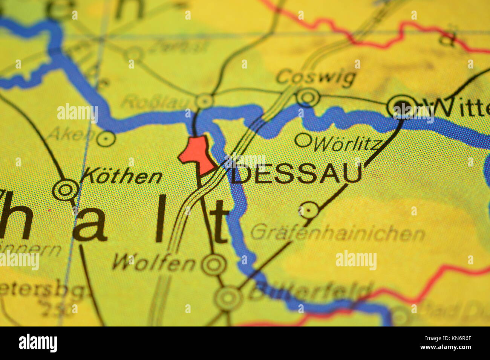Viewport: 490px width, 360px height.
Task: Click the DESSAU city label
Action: (x=296, y=174)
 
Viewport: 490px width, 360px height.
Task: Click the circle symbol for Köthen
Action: (x=66, y=190)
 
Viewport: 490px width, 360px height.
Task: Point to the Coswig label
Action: (x=316, y=78)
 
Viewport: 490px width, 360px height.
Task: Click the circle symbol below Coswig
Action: (x=308, y=97)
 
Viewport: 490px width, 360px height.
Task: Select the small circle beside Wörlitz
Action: (x=303, y=140)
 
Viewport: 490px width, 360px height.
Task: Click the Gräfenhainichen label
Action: (x=338, y=233)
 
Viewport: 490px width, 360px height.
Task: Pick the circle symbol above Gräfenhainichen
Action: (x=309, y=210)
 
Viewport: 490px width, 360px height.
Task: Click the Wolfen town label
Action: (x=154, y=262)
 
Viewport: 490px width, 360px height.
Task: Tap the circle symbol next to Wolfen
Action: (x=214, y=265)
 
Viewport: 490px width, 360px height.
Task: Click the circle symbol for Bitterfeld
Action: (x=228, y=298)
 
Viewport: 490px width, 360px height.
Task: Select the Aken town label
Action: (x=72, y=133)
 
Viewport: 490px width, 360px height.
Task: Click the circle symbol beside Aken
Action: (x=106, y=139)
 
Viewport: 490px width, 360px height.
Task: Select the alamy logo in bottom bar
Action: (x=38, y=343)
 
